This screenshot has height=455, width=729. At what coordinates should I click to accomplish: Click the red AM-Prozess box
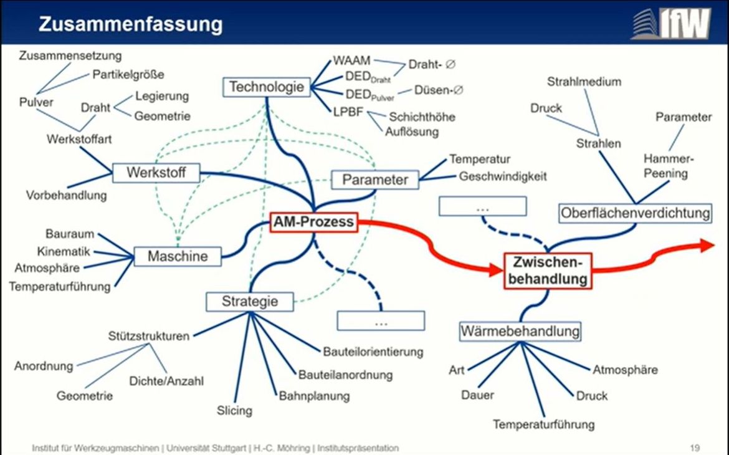click(314, 222)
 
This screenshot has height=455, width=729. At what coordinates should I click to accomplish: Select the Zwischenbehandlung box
click(548, 271)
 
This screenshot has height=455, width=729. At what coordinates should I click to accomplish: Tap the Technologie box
click(267, 87)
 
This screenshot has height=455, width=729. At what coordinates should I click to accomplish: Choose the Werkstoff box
click(156, 173)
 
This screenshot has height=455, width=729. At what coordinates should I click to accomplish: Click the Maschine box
click(178, 256)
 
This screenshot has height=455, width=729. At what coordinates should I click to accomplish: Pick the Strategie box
click(250, 302)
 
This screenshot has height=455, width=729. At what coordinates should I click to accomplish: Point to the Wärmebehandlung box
click(520, 332)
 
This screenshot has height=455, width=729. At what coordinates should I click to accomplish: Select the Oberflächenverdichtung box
click(635, 213)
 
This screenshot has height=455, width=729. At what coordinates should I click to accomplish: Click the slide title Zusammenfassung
click(131, 24)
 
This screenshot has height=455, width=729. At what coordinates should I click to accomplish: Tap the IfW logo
click(671, 23)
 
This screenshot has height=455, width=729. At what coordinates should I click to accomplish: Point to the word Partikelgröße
click(128, 74)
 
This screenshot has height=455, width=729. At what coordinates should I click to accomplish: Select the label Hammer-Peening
click(668, 166)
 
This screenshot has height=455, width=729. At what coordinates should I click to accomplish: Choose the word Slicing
click(234, 410)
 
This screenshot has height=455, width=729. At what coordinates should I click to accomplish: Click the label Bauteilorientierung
click(373, 352)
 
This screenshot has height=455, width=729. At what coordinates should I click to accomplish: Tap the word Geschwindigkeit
click(503, 176)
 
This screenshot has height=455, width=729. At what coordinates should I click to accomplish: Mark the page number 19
click(695, 448)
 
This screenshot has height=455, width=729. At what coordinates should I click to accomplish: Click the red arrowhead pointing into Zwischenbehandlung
click(495, 269)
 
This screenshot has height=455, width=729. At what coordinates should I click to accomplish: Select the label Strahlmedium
click(584, 82)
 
